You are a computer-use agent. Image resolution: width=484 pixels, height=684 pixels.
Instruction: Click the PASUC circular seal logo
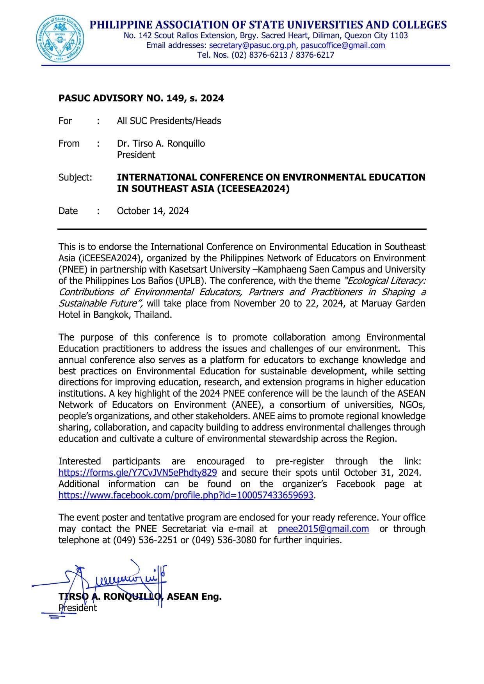point(61,40)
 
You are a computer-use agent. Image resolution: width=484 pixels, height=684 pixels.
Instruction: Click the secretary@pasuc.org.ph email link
point(253,45)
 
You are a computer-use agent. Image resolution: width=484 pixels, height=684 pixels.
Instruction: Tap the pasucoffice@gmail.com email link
point(343,45)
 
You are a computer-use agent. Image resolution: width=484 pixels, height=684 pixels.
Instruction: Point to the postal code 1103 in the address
point(399,35)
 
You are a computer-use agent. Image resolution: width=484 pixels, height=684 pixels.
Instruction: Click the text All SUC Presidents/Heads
point(169,121)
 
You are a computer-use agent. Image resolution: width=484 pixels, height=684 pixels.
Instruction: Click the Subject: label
point(75,177)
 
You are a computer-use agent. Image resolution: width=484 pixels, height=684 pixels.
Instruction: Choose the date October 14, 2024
point(153,211)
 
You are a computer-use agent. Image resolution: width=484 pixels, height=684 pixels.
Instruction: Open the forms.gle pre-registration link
point(137,473)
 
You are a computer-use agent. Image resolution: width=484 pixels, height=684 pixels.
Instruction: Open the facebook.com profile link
point(186,495)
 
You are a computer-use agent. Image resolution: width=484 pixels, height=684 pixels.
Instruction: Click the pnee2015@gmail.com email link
point(323,529)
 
